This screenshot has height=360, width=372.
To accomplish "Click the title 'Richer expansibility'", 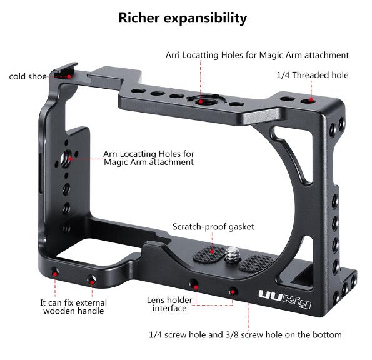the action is click(x=183, y=18).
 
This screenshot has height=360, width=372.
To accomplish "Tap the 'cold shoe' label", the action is click(x=28, y=76).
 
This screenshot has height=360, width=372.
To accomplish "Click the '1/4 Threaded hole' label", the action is click(x=313, y=75).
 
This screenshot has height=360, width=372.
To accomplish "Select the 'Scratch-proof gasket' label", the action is click(x=213, y=227).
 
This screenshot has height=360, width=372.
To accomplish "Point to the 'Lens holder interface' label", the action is click(x=169, y=304).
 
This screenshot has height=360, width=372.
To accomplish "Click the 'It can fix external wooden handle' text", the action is click(x=74, y=307).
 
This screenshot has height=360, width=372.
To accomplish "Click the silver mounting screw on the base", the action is click(x=232, y=255).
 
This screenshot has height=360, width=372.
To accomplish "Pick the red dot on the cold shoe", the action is click(x=69, y=77).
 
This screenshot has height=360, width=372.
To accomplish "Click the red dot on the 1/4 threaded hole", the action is click(x=311, y=100).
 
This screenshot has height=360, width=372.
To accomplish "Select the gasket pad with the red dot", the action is click(x=209, y=254).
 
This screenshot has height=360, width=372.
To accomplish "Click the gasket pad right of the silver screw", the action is click(x=256, y=263).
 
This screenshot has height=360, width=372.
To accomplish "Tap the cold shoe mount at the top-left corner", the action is click(x=65, y=71).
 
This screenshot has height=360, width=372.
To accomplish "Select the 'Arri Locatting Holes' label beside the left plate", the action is click(x=149, y=154).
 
